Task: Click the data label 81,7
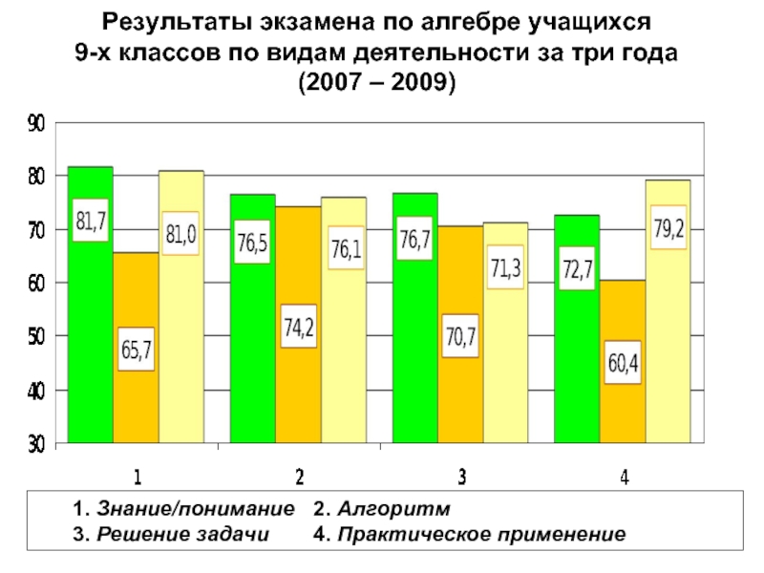click(x=91, y=223)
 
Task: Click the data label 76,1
click(x=345, y=249)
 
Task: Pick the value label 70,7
click(x=461, y=336)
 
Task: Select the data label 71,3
click(x=506, y=270)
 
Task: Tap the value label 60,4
click(x=623, y=363)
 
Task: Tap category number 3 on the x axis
click(x=462, y=476)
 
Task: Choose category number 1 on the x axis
click(x=138, y=476)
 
